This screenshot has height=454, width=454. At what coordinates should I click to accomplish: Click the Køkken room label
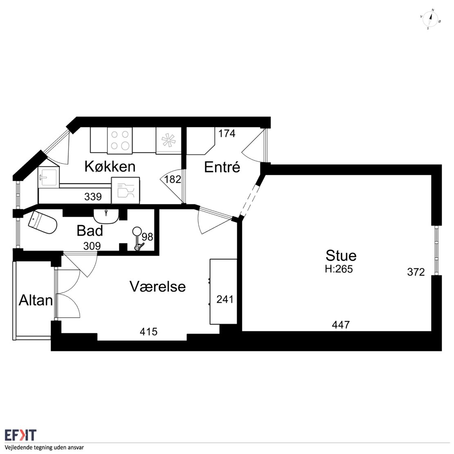[x=110, y=166]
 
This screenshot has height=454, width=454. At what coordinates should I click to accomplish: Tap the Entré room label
[x=222, y=167]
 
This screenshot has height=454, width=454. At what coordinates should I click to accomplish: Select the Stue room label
[x=341, y=256]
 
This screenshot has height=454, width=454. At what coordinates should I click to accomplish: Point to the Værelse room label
[x=157, y=287]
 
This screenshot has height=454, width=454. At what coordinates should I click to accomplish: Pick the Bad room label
[x=90, y=231]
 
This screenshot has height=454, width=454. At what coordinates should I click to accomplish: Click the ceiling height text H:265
[x=339, y=269]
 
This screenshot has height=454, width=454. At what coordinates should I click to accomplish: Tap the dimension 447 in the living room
[x=341, y=325]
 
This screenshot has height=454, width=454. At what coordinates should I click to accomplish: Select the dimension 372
[x=416, y=272]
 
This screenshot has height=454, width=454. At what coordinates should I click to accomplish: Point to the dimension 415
[x=148, y=332]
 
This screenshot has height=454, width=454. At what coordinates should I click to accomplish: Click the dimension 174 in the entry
[x=227, y=133]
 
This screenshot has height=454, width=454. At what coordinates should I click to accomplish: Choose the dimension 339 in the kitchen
[x=93, y=197]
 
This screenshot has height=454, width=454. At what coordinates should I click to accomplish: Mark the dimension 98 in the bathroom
[x=147, y=237]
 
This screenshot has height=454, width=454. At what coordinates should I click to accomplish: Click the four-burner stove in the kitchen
[x=120, y=140]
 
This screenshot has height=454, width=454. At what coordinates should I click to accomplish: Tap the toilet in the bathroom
[x=43, y=223]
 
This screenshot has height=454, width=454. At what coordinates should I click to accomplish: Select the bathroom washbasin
[x=106, y=216]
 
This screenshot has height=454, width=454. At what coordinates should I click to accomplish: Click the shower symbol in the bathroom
[x=137, y=238]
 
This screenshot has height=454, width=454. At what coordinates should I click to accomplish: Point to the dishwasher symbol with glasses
[x=126, y=190]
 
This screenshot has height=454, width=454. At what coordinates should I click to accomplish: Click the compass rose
[x=430, y=19]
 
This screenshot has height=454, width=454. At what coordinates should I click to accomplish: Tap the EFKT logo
[x=20, y=435]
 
